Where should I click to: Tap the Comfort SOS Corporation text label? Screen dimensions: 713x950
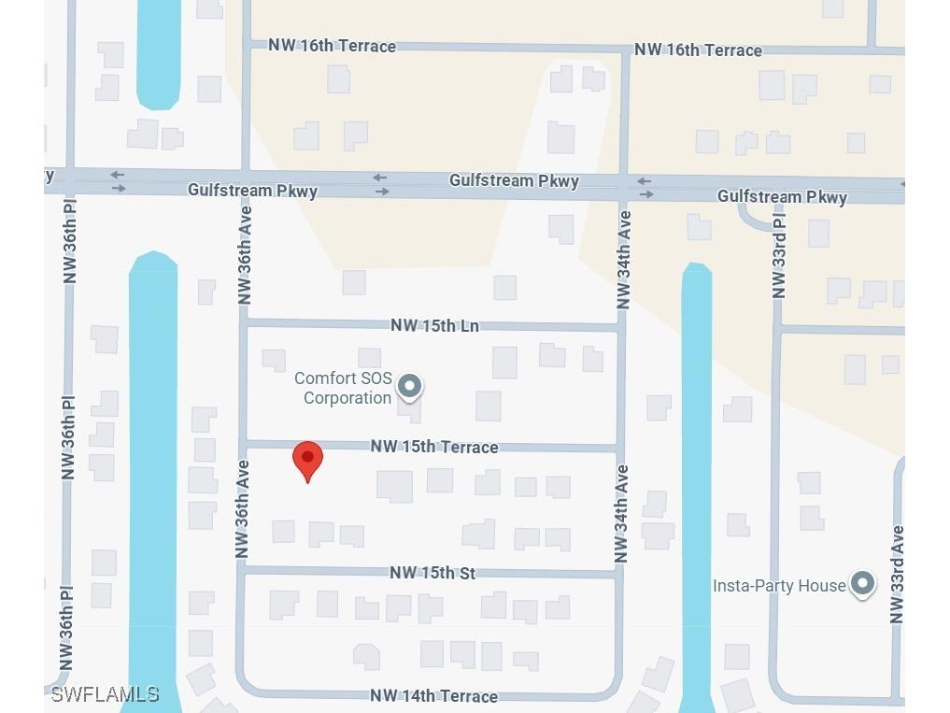click(x=342, y=388)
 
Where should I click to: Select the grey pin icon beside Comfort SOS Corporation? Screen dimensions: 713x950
click(x=409, y=386)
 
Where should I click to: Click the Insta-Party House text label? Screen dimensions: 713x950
click(x=779, y=586)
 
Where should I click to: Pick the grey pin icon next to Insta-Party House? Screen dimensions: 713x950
click(x=862, y=584)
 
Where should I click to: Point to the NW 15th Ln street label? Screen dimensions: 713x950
click(x=434, y=325)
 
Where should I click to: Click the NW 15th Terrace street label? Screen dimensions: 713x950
click(x=433, y=447)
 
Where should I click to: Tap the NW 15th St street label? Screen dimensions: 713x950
click(x=432, y=572)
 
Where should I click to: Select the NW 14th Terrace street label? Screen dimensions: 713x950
click(x=433, y=695)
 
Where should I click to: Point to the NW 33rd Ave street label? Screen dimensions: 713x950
click(x=897, y=574)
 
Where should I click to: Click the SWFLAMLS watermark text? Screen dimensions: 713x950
click(x=105, y=694)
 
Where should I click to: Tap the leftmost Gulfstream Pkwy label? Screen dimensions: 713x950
click(x=252, y=190)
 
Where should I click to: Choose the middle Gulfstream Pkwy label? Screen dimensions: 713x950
click(x=514, y=180)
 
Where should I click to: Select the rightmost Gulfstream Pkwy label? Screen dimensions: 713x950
click(x=782, y=196)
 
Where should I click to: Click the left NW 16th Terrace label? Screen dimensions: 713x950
click(x=332, y=46)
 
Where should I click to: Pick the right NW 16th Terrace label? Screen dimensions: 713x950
click(x=698, y=50)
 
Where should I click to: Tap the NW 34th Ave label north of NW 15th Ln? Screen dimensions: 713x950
click(x=624, y=260)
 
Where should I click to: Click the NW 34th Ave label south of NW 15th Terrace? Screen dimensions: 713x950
click(x=622, y=514)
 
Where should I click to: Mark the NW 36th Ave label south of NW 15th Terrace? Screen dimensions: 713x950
click(x=243, y=509)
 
